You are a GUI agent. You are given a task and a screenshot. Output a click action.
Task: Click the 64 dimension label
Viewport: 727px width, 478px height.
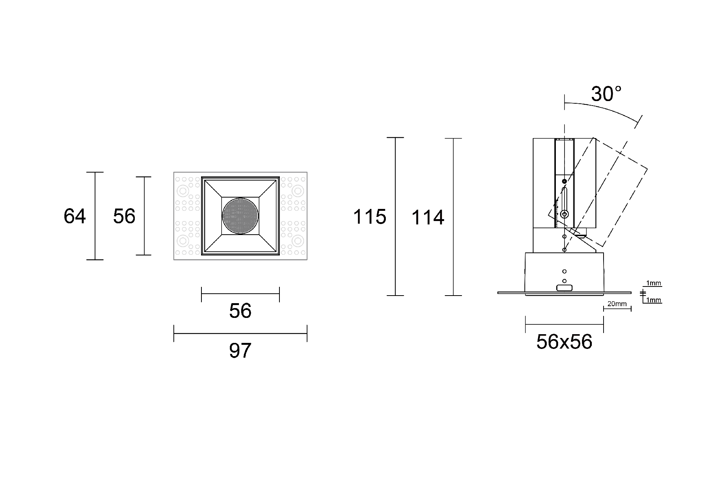coord(75,216)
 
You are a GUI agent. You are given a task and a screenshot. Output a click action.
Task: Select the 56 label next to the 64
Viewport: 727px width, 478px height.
coord(124,216)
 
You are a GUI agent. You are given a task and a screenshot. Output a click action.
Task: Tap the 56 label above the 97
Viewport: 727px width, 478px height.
coord(240,311)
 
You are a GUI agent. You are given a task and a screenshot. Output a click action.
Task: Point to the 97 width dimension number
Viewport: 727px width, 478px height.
coord(240,351)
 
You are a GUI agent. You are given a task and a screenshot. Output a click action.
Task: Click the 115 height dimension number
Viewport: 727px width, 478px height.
coord(370,217)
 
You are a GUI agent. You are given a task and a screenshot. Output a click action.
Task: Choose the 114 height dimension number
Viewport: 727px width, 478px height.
coord(427,218)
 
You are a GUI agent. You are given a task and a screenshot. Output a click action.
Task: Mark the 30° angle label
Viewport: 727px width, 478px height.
coord(606,94)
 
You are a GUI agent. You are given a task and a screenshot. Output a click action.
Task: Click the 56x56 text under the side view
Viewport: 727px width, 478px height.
coord(564,342)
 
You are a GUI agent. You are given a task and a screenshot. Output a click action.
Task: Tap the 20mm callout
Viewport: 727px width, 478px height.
coord(617,304)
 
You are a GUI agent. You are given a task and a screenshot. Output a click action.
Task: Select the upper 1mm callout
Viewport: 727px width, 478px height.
coord(654,283)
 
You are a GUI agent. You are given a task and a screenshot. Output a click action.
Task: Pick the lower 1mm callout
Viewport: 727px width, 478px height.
coord(654,301)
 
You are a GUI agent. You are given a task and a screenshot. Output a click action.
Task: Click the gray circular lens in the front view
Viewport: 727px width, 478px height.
coord(240,216)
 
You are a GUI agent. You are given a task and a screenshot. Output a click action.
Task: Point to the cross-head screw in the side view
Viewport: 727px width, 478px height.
coord(565,214)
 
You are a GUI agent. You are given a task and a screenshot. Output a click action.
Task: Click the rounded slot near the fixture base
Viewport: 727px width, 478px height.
coord(564,288)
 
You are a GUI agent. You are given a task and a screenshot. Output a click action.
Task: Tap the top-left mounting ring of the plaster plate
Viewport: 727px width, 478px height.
coord(184,190)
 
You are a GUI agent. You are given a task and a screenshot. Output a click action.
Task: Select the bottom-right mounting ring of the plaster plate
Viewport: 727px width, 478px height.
coord(298,241)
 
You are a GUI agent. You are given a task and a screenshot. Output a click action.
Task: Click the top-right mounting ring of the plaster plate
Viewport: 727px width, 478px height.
coord(298,190)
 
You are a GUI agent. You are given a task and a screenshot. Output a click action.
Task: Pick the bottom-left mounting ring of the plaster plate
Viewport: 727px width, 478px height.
coord(184,241)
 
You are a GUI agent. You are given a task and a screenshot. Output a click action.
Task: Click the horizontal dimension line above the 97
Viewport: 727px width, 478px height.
coord(240,333)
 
